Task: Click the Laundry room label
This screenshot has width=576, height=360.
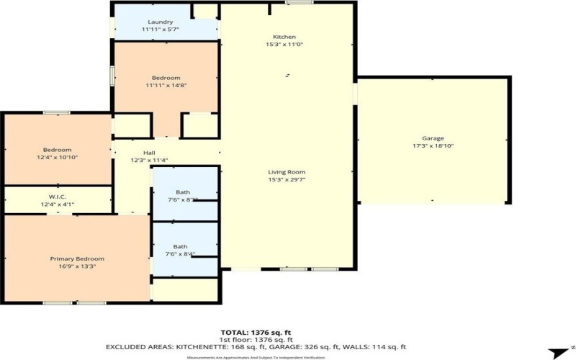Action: coord(160,22)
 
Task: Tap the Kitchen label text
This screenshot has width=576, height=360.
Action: coord(284,37)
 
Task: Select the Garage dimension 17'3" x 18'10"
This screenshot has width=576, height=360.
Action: coord(433,146)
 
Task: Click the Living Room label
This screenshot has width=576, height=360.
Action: coord(287,172)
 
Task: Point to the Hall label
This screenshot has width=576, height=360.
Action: coord(149,153)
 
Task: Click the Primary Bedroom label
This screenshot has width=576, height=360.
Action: coord(77,258)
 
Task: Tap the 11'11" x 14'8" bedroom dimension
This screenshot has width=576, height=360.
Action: coord(166,86)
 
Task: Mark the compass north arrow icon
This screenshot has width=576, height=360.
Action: coord(557,352)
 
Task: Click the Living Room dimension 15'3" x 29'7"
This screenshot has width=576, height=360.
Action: coord(287,181)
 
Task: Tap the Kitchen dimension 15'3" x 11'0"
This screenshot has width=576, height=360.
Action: coord(284,45)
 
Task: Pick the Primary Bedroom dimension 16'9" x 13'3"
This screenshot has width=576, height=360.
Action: coord(77,266)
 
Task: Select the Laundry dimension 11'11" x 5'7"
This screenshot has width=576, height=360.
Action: coord(160,30)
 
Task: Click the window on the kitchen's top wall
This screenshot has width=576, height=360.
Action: coord(293,3)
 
